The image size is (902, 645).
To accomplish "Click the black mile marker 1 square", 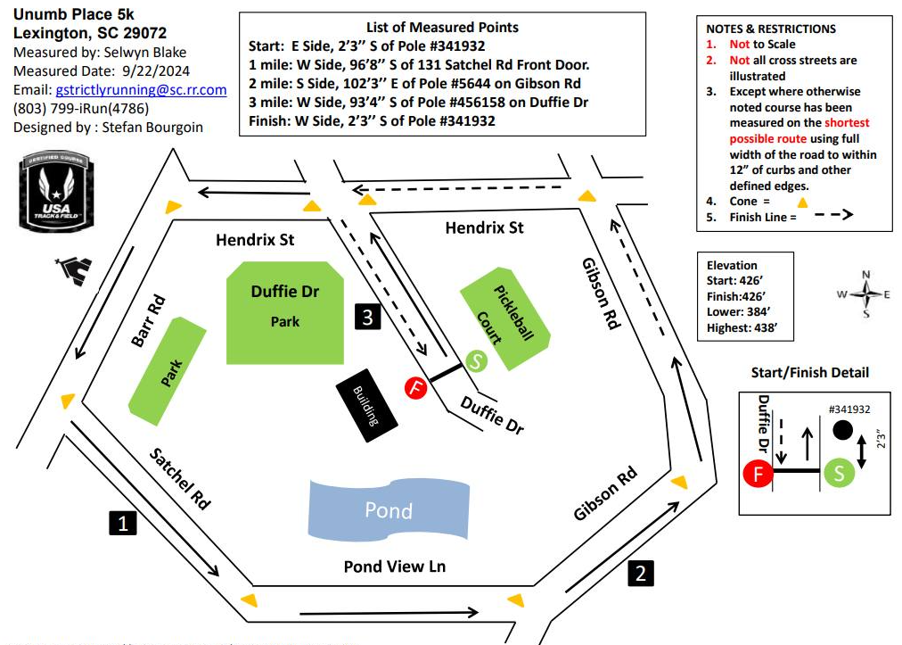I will pos(122,523).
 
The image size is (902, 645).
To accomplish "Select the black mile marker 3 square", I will pos(368,316).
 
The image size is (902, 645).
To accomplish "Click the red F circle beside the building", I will pos(416,387).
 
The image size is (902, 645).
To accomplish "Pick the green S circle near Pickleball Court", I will pos(476,361).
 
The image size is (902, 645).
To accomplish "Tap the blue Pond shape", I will pos(389,510).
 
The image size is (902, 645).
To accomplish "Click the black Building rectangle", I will pos(367,406).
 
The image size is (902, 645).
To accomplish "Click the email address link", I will pos(141,90).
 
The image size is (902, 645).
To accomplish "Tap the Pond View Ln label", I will pos(394,566).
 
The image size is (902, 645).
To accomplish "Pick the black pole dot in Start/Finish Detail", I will pos(841,431).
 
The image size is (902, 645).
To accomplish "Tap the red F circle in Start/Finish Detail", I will pos(758,473).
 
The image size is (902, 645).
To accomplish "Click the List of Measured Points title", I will pos(442,28).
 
